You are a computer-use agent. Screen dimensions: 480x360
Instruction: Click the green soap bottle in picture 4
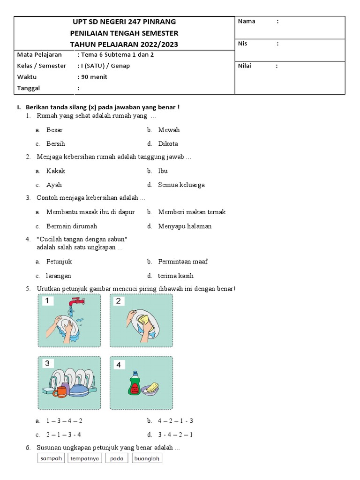click(x=135, y=383)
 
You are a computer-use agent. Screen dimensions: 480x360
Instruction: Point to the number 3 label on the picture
click(x=47, y=363)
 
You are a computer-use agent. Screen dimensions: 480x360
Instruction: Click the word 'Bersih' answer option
click(x=55, y=144)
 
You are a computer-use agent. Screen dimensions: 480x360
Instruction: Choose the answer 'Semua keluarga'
click(x=181, y=185)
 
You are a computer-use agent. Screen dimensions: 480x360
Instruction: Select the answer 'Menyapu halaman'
click(x=185, y=226)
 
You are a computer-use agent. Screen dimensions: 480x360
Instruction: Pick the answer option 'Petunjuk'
click(x=59, y=262)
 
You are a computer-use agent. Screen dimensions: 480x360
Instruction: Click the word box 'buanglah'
click(x=147, y=459)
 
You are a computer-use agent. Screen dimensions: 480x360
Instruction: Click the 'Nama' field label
click(x=247, y=22)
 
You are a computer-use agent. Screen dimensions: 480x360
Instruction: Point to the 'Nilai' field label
click(x=245, y=66)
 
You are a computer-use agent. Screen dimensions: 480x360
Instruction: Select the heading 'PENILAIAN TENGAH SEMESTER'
click(x=124, y=33)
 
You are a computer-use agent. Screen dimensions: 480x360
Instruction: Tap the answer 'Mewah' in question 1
click(x=169, y=130)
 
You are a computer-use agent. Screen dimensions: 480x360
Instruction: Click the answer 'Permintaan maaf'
click(x=183, y=262)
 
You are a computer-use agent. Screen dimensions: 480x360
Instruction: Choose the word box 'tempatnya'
click(x=85, y=459)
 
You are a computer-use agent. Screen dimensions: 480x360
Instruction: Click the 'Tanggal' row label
click(x=29, y=88)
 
